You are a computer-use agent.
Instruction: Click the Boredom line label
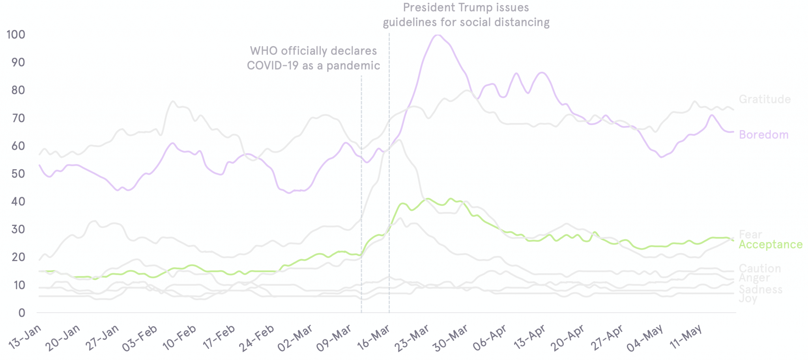pos(763,135)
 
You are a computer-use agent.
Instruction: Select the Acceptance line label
pos(770,244)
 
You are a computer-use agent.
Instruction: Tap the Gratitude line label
pos(765,99)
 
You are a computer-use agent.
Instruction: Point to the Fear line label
pos(750,235)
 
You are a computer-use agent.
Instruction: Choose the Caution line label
pos(759,269)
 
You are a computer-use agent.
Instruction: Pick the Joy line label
pos(748,298)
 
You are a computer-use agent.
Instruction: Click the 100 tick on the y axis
pos(16,35)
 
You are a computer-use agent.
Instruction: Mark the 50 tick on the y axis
pos(16,174)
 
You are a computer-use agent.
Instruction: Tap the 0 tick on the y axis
pos(21,313)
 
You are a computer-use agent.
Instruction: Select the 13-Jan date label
pos(24,338)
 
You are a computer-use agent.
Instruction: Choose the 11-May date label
pos(686,338)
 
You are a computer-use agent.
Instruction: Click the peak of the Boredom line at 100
pos(437,35)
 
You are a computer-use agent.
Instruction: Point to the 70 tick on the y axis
pos(16,118)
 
